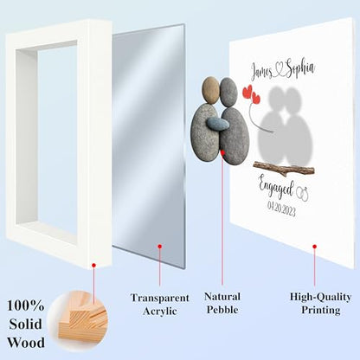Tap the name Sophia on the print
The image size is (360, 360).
299,69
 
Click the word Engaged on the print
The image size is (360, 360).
276,187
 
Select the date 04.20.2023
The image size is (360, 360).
281,209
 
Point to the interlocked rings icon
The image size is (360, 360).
303,194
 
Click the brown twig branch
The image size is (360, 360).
284,169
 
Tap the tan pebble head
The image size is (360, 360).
211,90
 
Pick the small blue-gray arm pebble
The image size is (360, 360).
218,124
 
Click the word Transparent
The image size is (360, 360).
160,298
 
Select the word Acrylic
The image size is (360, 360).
159,312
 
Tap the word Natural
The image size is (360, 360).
222,297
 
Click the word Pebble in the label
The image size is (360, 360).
222,310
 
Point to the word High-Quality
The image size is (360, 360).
320,297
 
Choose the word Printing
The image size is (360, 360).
321,310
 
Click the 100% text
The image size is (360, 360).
25,305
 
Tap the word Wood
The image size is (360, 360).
26,343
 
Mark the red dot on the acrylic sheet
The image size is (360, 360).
159,247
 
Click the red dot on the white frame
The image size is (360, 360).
93,266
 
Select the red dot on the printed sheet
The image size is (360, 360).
314,247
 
